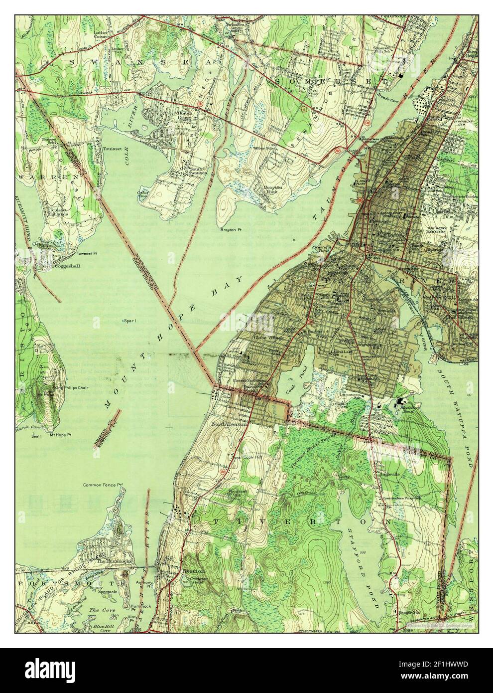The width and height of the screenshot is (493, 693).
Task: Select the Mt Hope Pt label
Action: pyautogui.click(x=60, y=435)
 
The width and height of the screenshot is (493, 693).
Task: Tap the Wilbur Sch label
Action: pyautogui.click(x=264, y=148)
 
